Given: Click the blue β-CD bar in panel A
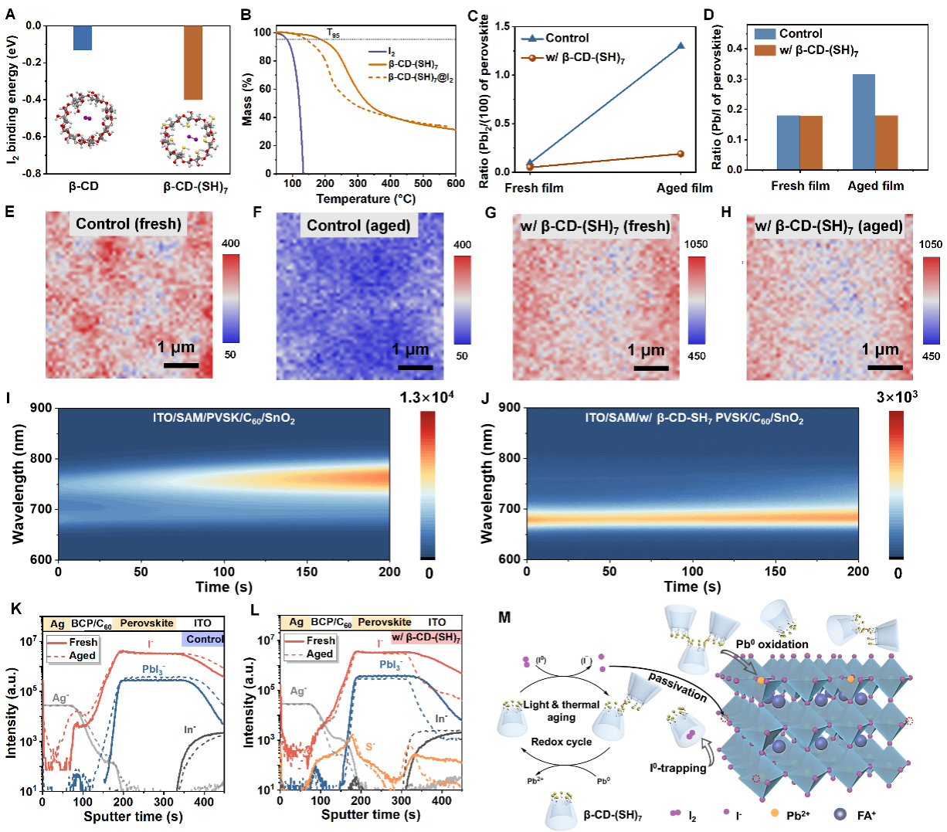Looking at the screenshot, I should click(83, 38).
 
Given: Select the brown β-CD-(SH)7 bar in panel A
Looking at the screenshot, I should click(193, 63).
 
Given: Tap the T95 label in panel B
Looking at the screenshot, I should click(333, 33).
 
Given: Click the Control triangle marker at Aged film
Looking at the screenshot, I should click(681, 46).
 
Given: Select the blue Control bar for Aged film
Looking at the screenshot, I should click(864, 122).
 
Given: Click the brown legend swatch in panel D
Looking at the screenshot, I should click(765, 50).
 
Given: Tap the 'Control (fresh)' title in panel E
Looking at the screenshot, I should click(128, 224).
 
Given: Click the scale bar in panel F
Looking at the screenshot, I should click(416, 367).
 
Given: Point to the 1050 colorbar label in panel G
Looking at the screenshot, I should click(695, 244).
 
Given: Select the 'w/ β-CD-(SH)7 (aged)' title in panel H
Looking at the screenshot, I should click(828, 226).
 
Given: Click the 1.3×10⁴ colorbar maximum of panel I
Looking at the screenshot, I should click(426, 398).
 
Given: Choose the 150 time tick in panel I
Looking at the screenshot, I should click(307, 572).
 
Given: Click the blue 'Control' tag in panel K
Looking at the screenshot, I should click(204, 639).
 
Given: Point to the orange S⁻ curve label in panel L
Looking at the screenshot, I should click(370, 746).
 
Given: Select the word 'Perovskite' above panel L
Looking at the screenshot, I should click(385, 622).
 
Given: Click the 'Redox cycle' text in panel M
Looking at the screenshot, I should click(562, 742).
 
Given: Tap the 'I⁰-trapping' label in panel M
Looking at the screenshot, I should click(677, 768).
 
